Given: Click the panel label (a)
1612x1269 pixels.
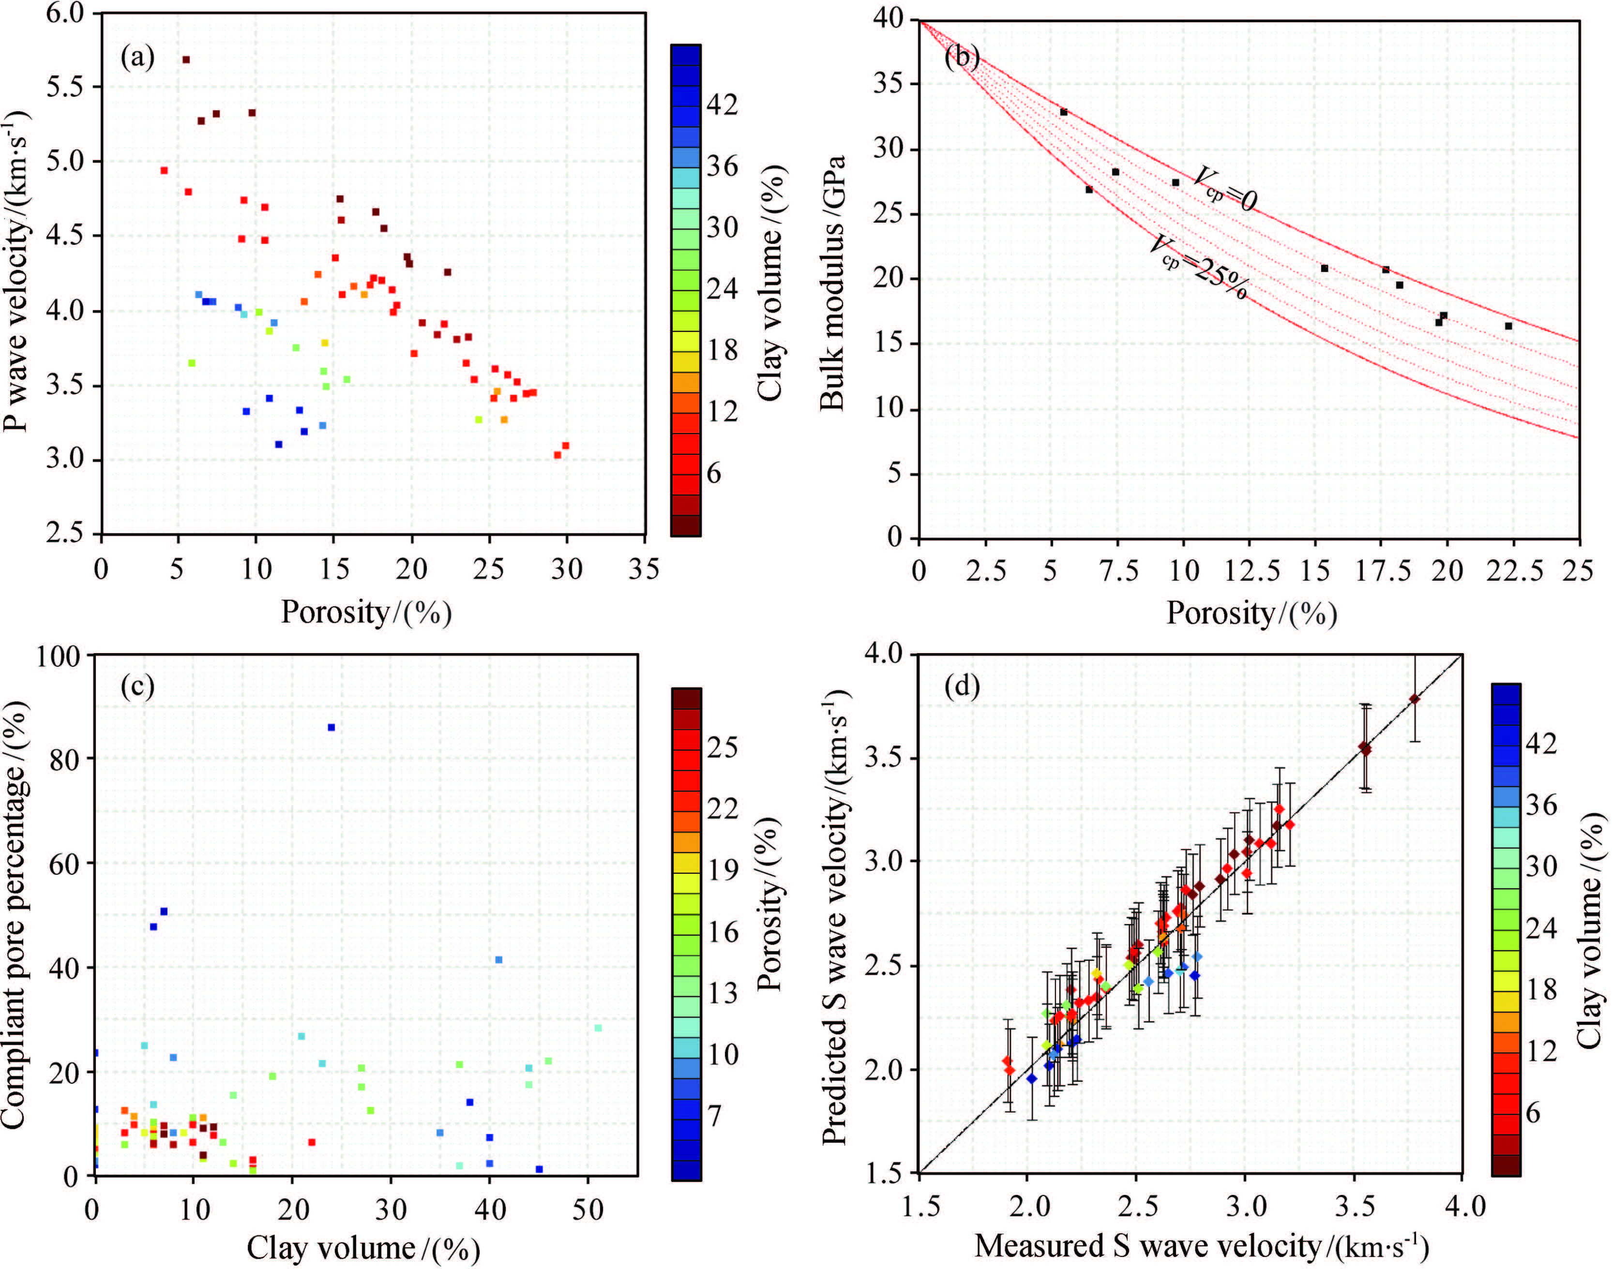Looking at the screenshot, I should (x=137, y=57).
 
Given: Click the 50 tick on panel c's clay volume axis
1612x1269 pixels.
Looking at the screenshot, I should (x=588, y=1209).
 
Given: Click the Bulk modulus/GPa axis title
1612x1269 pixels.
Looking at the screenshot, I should (x=833, y=283).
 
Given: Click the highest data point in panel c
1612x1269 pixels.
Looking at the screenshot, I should (x=331, y=727).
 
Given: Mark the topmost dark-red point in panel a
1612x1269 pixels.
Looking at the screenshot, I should (x=186, y=60).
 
